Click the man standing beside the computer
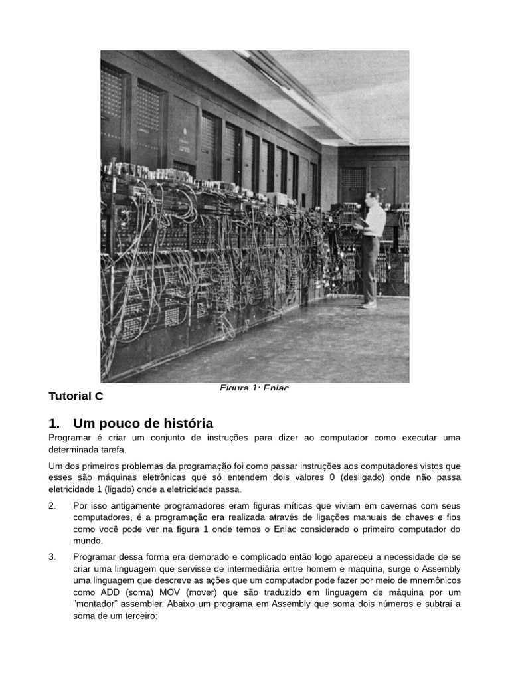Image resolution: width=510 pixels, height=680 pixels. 371,249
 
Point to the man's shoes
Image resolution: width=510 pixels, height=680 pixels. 368,304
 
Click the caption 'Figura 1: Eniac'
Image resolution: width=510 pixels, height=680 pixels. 254,387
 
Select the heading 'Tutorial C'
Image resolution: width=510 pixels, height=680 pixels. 76,396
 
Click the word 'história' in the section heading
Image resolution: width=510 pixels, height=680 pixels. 182,423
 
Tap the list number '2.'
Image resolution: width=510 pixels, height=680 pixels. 52,505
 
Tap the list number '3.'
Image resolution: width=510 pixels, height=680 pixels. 52,556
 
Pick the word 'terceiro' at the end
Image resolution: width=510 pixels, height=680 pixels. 137,616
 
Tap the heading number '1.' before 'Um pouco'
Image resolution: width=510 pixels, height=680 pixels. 54,423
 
